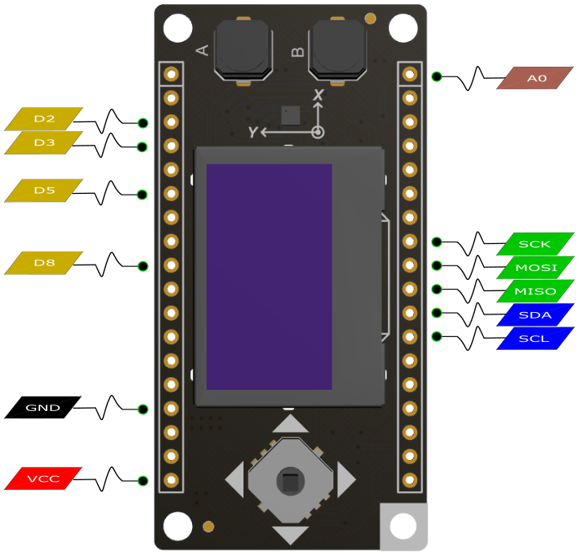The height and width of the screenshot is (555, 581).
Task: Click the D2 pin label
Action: pyautogui.click(x=43, y=119)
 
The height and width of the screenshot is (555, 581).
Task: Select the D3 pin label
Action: pyautogui.click(x=43, y=142)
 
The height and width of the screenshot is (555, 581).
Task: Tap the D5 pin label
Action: pyautogui.click(x=43, y=191)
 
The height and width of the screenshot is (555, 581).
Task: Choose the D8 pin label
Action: pyautogui.click(x=43, y=263)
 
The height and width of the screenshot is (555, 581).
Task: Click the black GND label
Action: pyautogui.click(x=43, y=407)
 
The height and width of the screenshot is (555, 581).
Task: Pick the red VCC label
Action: pyautogui.click(x=43, y=479)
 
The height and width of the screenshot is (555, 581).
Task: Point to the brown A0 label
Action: pyautogui.click(x=535, y=78)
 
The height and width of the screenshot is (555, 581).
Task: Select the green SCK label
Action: pyautogui.click(x=535, y=244)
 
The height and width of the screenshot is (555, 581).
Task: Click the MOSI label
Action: pyautogui.click(x=535, y=268)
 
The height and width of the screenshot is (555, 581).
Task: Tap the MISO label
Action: pyautogui.click(x=535, y=291)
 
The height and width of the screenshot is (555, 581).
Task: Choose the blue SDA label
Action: pyautogui.click(x=535, y=315)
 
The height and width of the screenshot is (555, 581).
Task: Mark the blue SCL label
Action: pyautogui.click(x=535, y=339)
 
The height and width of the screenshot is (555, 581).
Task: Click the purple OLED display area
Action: pyautogui.click(x=269, y=277)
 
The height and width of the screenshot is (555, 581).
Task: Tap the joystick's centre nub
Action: pyautogui.click(x=291, y=481)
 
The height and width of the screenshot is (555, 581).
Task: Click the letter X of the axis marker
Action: pyautogui.click(x=318, y=95)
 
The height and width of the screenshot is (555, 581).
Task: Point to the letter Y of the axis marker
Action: pyautogui.click(x=253, y=132)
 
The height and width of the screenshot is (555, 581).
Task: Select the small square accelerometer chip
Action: pyautogui.click(x=291, y=115)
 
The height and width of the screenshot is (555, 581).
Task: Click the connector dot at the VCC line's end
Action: pyautogui.click(x=143, y=481)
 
